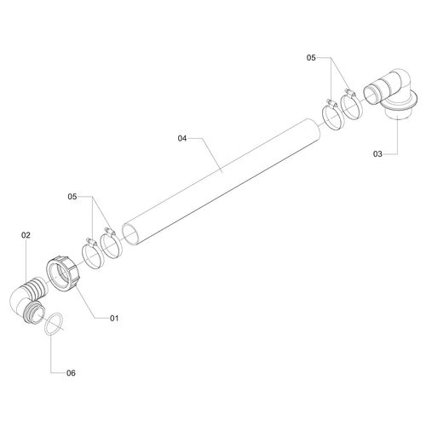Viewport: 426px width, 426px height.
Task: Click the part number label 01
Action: coord(114,318)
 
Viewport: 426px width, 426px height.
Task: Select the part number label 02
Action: coord(26,235)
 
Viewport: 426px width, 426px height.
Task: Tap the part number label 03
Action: coord(377,154)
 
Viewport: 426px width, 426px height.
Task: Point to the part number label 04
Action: coord(182,138)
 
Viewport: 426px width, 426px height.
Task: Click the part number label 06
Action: coord(71,373)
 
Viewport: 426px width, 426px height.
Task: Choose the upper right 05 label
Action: coord(311,58)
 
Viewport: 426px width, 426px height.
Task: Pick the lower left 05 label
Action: coord(72,197)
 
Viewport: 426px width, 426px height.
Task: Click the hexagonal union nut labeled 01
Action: coord(64,273)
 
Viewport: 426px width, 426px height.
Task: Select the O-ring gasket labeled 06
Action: coord(55,325)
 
